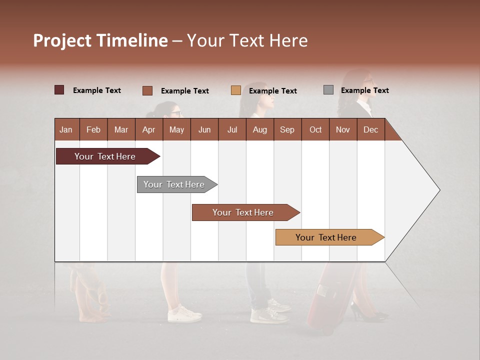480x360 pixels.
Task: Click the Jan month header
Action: tap(66, 129)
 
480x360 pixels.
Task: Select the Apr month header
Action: tap(148, 129)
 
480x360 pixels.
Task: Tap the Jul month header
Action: tap(232, 129)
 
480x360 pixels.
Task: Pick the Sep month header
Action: tap(287, 129)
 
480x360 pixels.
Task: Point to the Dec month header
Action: tap(370, 129)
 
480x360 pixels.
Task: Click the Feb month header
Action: tap(93, 129)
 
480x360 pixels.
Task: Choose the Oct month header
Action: tap(315, 129)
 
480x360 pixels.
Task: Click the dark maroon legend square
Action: tap(59, 90)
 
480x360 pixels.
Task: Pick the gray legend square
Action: tap(328, 90)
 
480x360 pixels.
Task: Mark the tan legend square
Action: tap(236, 90)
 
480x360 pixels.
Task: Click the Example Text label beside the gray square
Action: tap(364, 90)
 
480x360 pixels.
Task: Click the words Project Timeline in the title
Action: tap(100, 40)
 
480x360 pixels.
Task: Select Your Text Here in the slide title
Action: tap(247, 40)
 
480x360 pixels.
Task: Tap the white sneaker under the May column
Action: tap(184, 314)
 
